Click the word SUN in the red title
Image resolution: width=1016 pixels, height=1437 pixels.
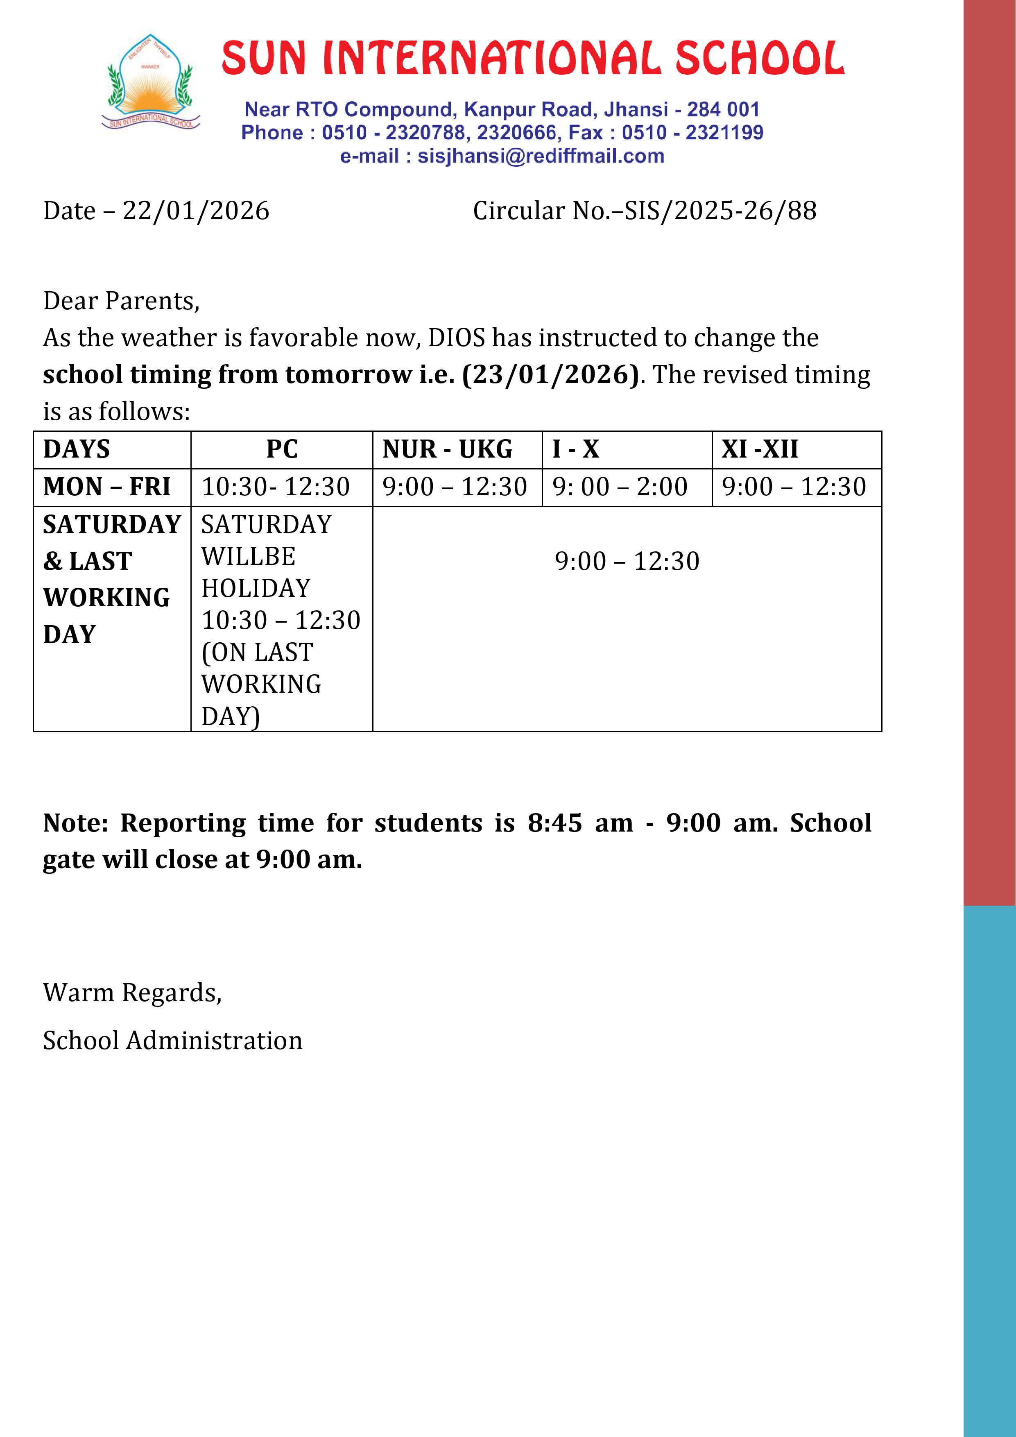point(263,58)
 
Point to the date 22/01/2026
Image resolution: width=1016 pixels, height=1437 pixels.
point(196,211)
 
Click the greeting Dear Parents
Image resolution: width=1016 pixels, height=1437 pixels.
point(121,301)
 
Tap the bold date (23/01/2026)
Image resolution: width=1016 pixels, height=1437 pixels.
point(550,375)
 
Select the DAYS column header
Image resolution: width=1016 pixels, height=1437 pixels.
point(76,449)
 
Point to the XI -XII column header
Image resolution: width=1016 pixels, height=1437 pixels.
point(760,449)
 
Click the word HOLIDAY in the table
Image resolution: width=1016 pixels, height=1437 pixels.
point(256,588)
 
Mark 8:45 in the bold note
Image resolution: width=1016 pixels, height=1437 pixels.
point(554,823)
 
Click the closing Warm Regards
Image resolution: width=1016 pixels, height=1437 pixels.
point(132,993)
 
